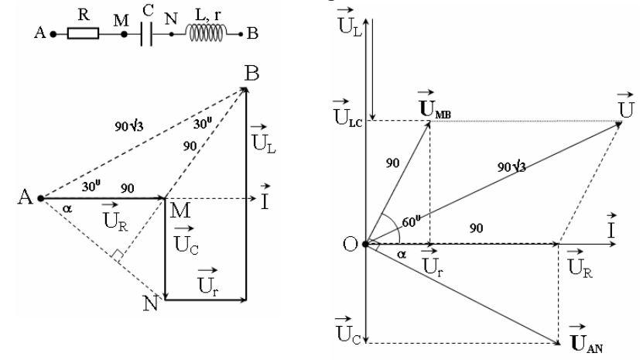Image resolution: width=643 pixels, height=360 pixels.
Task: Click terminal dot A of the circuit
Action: pos(53,34)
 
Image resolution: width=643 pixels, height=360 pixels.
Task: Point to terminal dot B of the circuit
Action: pos(241,35)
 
